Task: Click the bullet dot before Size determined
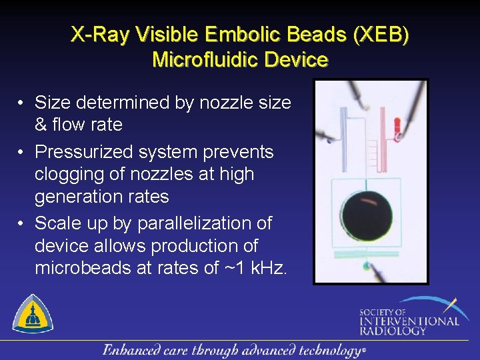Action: click(22, 103)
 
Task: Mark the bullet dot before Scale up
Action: click(22, 223)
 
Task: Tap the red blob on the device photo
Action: click(397, 125)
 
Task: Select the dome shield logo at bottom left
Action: click(33, 313)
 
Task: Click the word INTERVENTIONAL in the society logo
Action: click(409, 321)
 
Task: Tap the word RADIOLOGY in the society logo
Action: click(393, 331)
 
